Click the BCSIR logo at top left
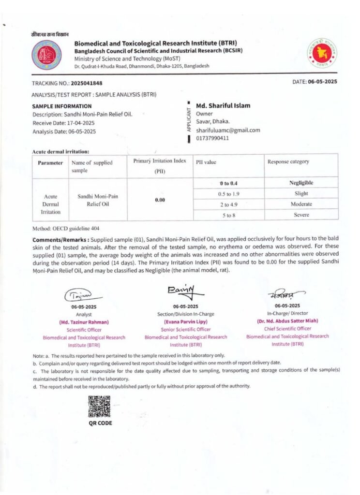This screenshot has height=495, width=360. (x=46, y=54)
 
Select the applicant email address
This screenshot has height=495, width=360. (x=228, y=130)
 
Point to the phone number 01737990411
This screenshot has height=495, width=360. (x=212, y=138)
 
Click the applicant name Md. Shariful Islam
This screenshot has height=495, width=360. (x=223, y=105)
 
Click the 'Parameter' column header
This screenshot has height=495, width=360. (x=50, y=163)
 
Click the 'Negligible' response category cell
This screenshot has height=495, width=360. (x=301, y=183)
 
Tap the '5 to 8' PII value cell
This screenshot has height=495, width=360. (x=229, y=215)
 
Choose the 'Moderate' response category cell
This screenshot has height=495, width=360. (x=301, y=204)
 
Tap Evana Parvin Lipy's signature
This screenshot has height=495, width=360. (x=185, y=291)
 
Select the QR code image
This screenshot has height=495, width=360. (x=100, y=407)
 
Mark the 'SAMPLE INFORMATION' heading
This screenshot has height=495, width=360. (x=61, y=106)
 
